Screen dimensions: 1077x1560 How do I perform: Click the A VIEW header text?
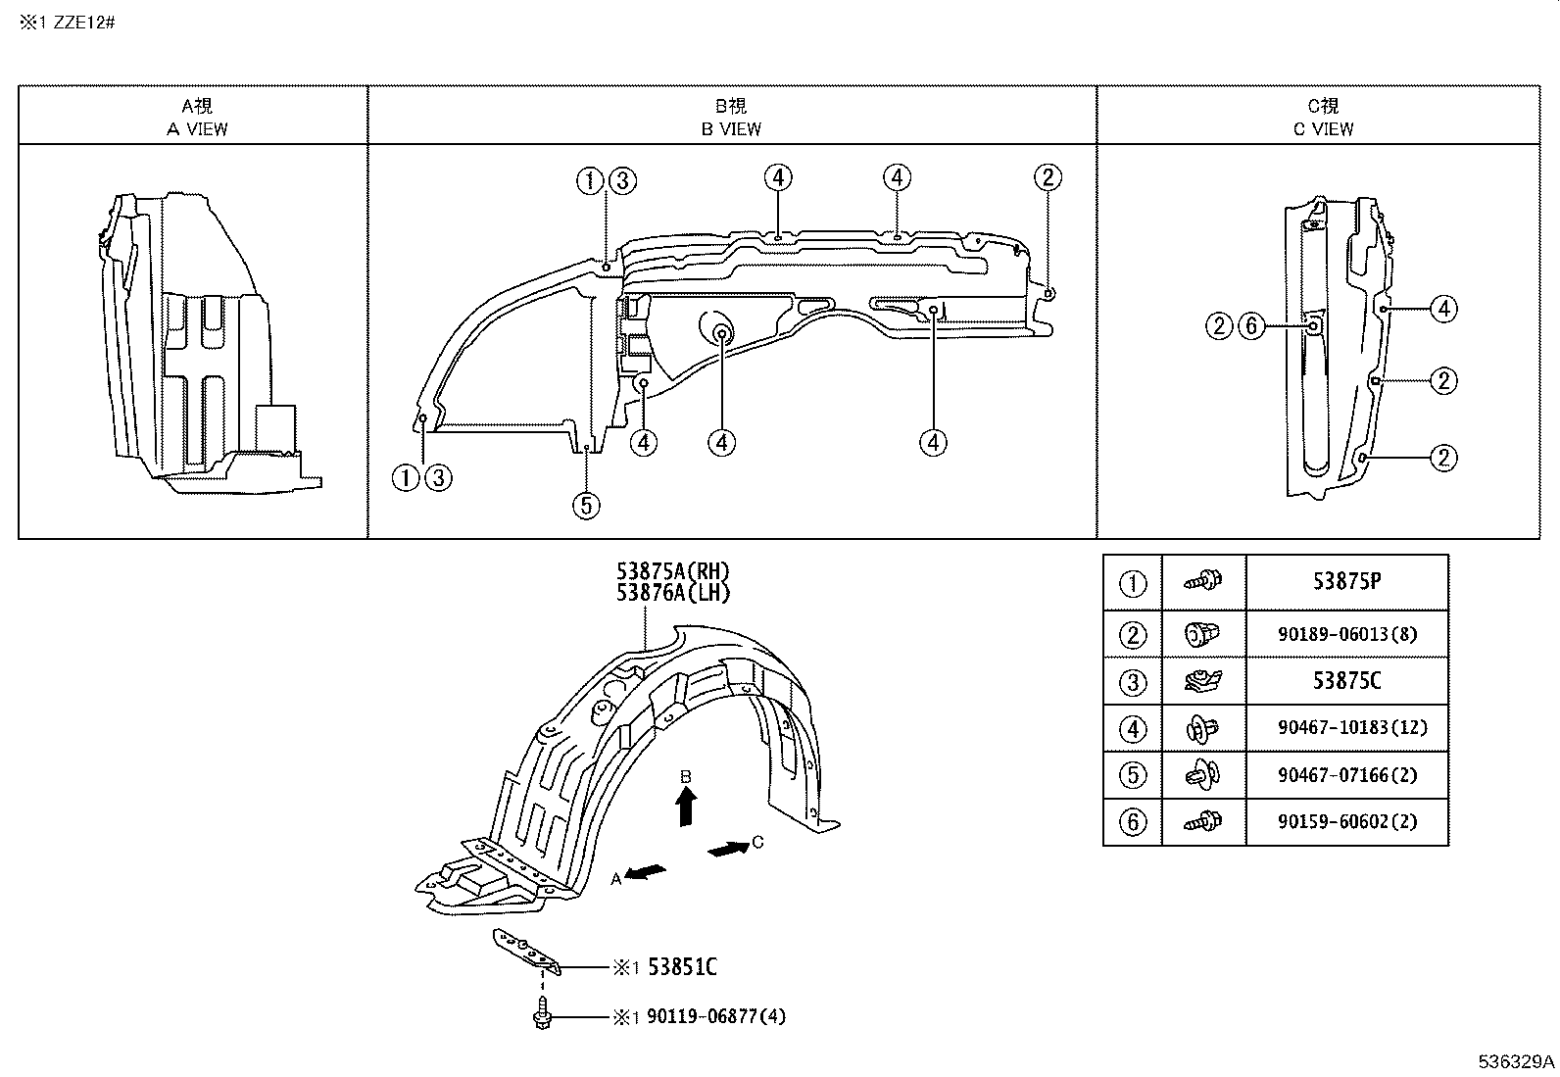(197, 128)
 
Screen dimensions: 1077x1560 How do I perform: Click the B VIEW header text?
(731, 128)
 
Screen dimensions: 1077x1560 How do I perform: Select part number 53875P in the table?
(1346, 582)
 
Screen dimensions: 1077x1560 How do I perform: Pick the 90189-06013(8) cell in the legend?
(1346, 634)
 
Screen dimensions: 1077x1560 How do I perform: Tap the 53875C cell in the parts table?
(1346, 681)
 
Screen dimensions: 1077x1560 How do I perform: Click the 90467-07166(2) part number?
(1346, 775)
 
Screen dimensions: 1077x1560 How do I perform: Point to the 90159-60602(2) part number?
(1346, 822)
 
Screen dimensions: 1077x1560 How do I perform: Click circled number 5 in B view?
(586, 506)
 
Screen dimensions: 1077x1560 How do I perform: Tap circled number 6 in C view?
(1251, 326)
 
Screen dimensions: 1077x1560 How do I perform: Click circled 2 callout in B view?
(1048, 177)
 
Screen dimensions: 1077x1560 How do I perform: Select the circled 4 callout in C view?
(1443, 309)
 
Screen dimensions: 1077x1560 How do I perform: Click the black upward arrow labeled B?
(686, 808)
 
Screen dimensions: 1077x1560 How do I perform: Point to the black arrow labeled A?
(646, 872)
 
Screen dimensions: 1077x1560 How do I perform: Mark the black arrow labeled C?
(726, 849)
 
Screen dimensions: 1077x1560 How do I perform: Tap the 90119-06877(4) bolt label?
(716, 1017)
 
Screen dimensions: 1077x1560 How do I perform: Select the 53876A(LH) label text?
(673, 593)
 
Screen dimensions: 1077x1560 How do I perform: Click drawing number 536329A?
(1516, 1062)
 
